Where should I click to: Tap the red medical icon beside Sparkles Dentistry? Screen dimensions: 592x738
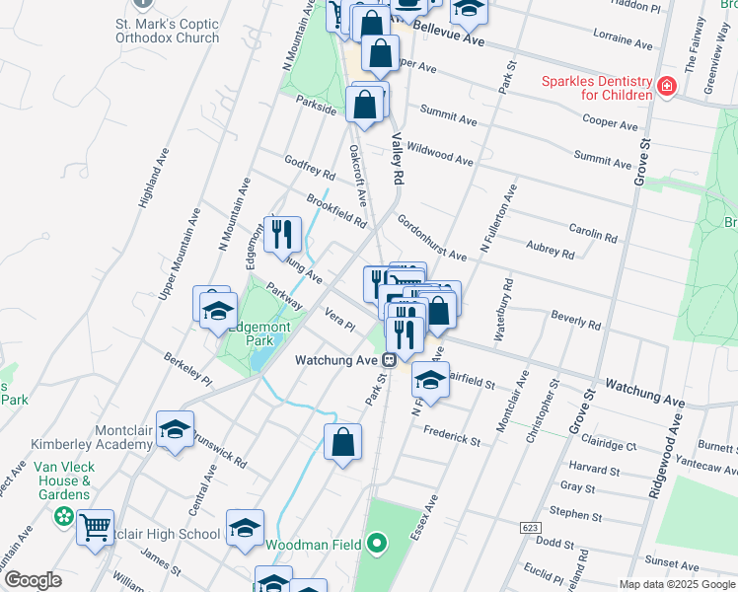(668, 87)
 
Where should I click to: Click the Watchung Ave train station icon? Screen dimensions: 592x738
(391, 360)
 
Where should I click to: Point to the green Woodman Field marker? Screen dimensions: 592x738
(375, 544)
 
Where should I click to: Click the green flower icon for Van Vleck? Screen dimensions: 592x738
(64, 515)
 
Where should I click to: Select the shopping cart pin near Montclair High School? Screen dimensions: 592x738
(95, 529)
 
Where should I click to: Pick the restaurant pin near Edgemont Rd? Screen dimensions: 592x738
(282, 235)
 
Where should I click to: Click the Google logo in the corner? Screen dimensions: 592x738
(33, 580)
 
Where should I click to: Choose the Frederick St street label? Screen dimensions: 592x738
(451, 436)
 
